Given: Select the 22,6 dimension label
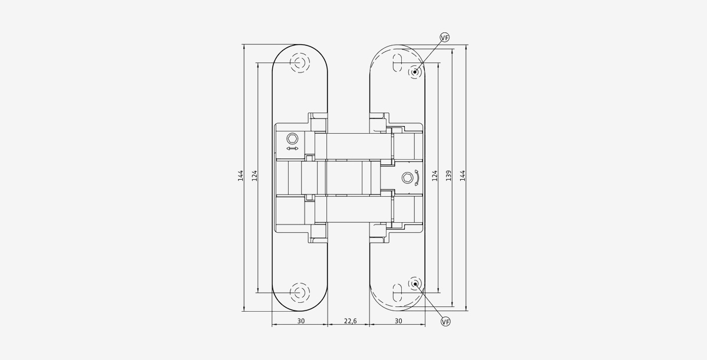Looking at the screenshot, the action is click(351, 321).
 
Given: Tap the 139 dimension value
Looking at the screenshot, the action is click(448, 176).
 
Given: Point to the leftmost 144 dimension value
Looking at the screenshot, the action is click(240, 176).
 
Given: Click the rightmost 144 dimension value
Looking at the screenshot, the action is click(462, 176).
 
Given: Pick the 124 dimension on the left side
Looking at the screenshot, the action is click(255, 176).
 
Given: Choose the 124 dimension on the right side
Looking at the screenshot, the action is click(435, 176).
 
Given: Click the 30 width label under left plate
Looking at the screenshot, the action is click(301, 321).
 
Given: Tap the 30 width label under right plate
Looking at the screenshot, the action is click(399, 321).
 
